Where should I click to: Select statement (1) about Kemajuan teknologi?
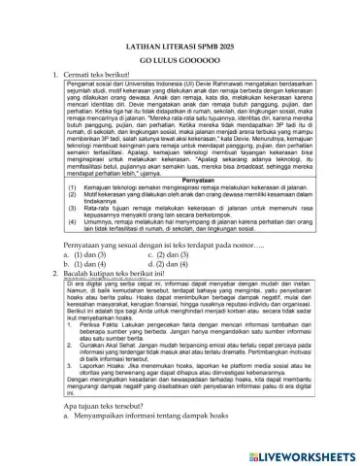click(175, 204)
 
